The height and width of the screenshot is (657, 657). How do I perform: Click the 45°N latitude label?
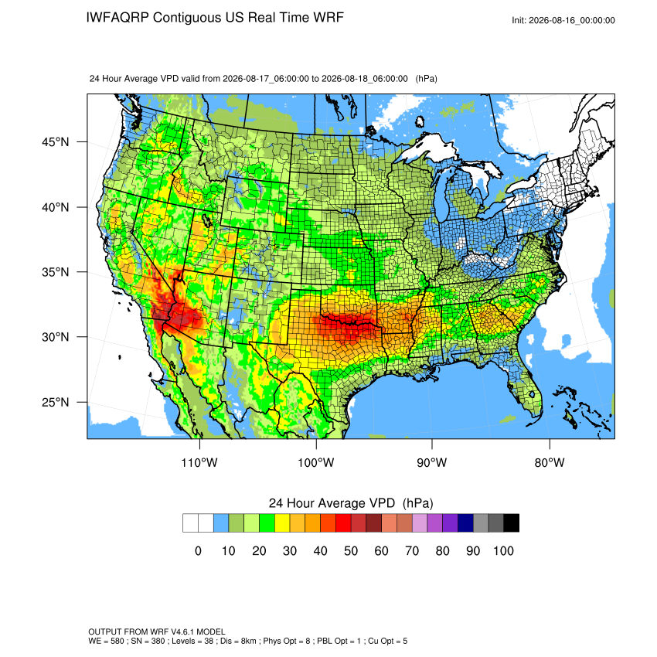coord(55,142)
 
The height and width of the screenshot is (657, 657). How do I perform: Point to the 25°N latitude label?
coord(55,402)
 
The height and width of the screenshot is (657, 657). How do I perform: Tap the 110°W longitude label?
coord(199,462)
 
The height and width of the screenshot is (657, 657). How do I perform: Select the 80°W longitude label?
coord(550,462)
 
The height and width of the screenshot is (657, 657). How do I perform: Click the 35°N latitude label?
coord(55,272)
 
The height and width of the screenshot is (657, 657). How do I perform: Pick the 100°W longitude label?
coord(316,462)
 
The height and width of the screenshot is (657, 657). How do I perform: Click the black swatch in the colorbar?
coord(511,523)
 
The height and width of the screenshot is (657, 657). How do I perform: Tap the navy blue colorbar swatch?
coord(465,523)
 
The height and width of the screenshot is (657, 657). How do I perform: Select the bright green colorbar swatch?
coord(267,523)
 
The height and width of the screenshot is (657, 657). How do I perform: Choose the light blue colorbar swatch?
coord(221,523)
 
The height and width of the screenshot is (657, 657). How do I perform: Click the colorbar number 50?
coord(351,550)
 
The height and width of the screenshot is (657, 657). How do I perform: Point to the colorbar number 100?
coord(503,550)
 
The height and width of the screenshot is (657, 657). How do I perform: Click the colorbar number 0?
coord(198,550)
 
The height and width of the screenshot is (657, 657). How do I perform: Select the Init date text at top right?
coord(563,21)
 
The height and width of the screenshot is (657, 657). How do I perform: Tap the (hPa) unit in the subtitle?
coord(426,79)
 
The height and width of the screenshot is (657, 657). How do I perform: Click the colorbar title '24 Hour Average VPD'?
coord(332,503)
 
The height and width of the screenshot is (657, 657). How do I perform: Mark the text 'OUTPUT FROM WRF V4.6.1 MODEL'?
coord(157,631)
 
